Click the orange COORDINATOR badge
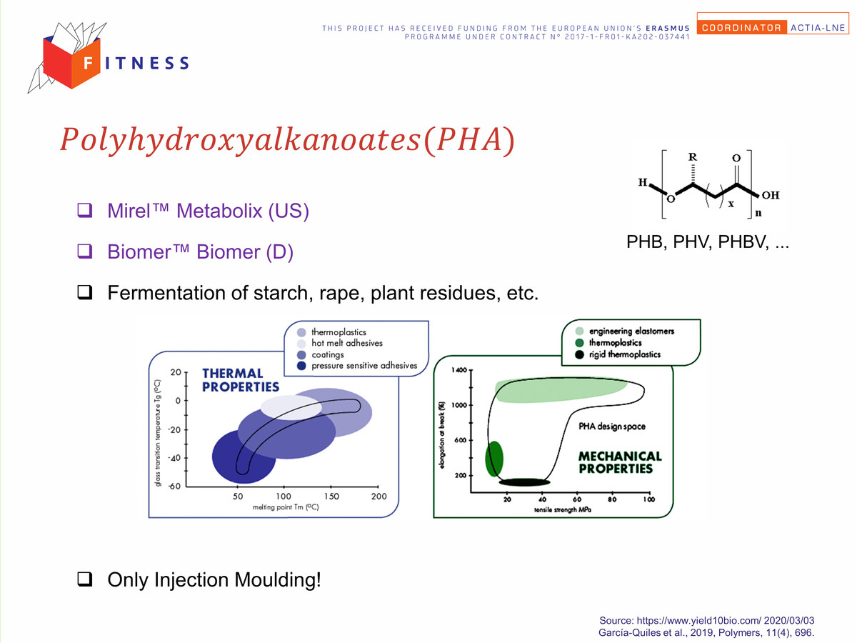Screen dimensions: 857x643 (x=741, y=27)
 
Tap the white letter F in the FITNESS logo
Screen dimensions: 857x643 (x=88, y=63)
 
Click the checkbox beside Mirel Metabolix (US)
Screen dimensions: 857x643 (x=85, y=210)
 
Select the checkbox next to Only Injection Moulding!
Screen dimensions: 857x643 (x=85, y=579)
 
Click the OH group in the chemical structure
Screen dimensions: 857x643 (x=771, y=195)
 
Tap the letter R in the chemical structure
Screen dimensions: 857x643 (x=692, y=157)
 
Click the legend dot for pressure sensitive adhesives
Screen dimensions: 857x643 (x=301, y=366)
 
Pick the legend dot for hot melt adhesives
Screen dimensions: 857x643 (x=301, y=344)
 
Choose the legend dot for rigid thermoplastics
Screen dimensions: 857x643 (x=579, y=354)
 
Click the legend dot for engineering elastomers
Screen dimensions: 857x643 (x=579, y=331)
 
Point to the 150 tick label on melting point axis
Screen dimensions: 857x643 (x=331, y=497)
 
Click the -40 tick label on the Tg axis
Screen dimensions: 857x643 (x=174, y=457)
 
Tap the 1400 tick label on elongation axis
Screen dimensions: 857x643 (x=459, y=369)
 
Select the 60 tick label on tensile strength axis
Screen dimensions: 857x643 (x=577, y=499)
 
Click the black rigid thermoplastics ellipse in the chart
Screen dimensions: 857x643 (x=524, y=482)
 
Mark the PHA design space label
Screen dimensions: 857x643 (x=612, y=427)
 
